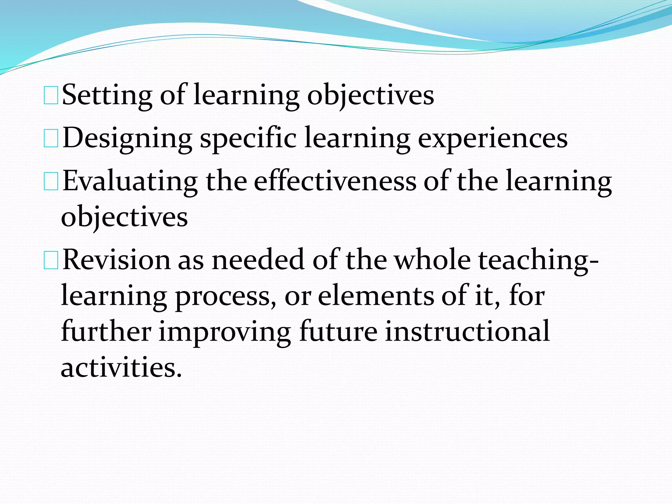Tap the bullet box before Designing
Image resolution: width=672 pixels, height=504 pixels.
click(51, 138)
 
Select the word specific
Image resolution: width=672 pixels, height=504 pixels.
click(248, 138)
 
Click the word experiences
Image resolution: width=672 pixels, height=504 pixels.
click(493, 138)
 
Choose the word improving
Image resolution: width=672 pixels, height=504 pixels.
click(225, 332)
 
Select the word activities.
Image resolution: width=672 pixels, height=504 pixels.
click(121, 367)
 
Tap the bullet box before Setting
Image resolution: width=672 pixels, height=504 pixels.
click(51, 95)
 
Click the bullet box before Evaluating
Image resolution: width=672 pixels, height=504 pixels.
click(51, 181)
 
